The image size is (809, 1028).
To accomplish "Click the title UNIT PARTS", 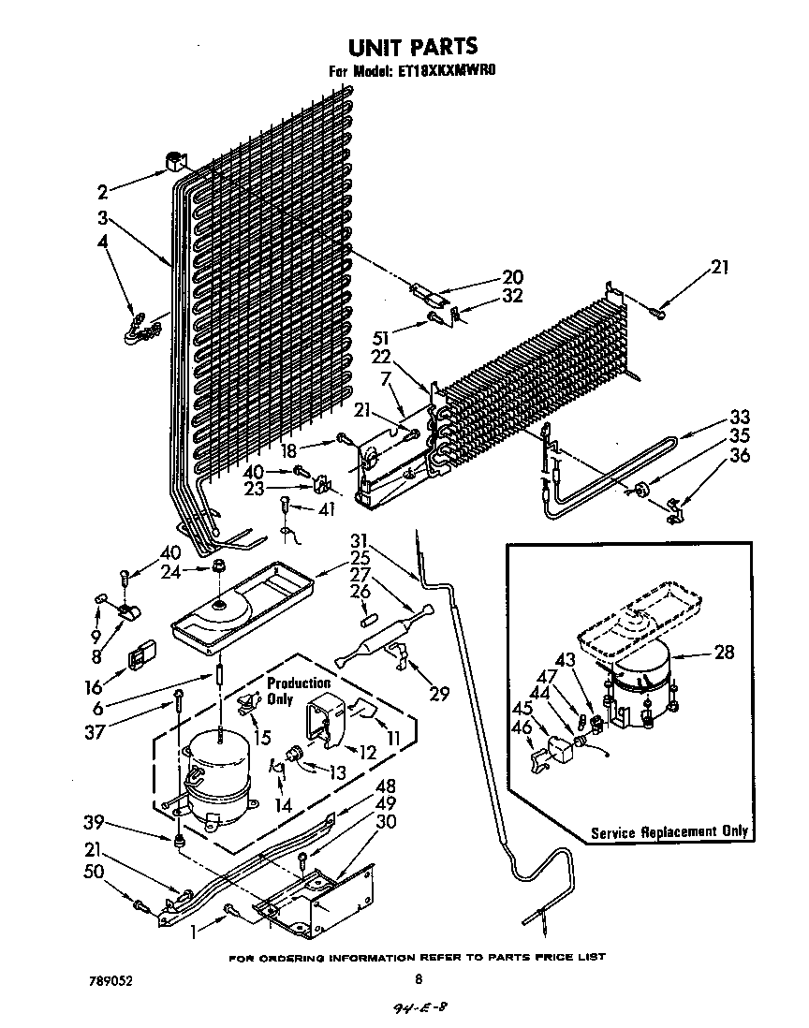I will click(x=412, y=46).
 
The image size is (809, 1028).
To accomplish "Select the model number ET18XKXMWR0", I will click(x=441, y=72).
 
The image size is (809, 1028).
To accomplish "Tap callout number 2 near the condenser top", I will click(x=102, y=193).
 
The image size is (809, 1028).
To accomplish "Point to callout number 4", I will click(x=102, y=241).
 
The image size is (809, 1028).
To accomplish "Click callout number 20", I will click(x=512, y=277).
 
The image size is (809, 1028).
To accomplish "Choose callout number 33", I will click(x=740, y=418).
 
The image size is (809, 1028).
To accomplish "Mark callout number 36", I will click(x=740, y=456).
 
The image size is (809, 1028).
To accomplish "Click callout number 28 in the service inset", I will click(x=724, y=653).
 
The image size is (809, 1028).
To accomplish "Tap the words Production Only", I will click(x=298, y=691).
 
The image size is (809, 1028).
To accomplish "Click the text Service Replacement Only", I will click(x=669, y=831).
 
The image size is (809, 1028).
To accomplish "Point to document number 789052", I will click(x=105, y=980).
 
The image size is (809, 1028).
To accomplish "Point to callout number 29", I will click(x=438, y=694).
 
